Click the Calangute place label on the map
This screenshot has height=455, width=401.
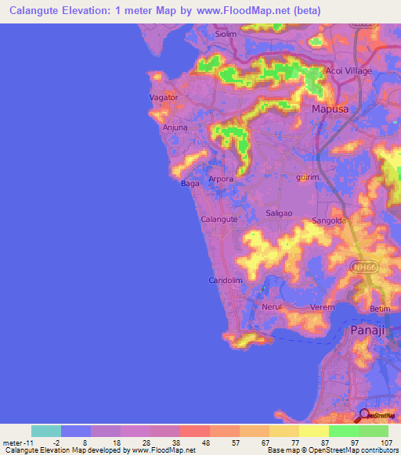click(x=219, y=220)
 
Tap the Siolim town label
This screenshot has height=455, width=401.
click(x=226, y=34)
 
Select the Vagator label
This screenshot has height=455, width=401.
click(x=164, y=98)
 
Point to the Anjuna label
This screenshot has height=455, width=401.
click(x=175, y=127)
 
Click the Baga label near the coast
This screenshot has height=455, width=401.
click(x=190, y=184)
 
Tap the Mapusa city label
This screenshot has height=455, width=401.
click(x=331, y=109)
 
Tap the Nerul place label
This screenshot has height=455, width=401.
click(x=272, y=307)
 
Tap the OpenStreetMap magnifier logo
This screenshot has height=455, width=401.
click(x=364, y=414)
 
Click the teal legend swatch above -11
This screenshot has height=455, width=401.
click(x=46, y=431)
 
